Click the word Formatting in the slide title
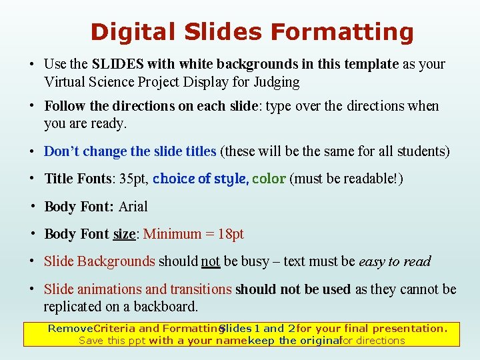coord(342,32)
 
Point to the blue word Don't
coord(61,151)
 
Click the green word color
coord(269,179)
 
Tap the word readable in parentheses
coord(366,179)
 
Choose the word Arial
coord(133,207)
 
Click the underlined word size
coord(124,234)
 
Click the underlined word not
coord(211,261)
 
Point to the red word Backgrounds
coord(116,261)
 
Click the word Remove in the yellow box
coord(70,329)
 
